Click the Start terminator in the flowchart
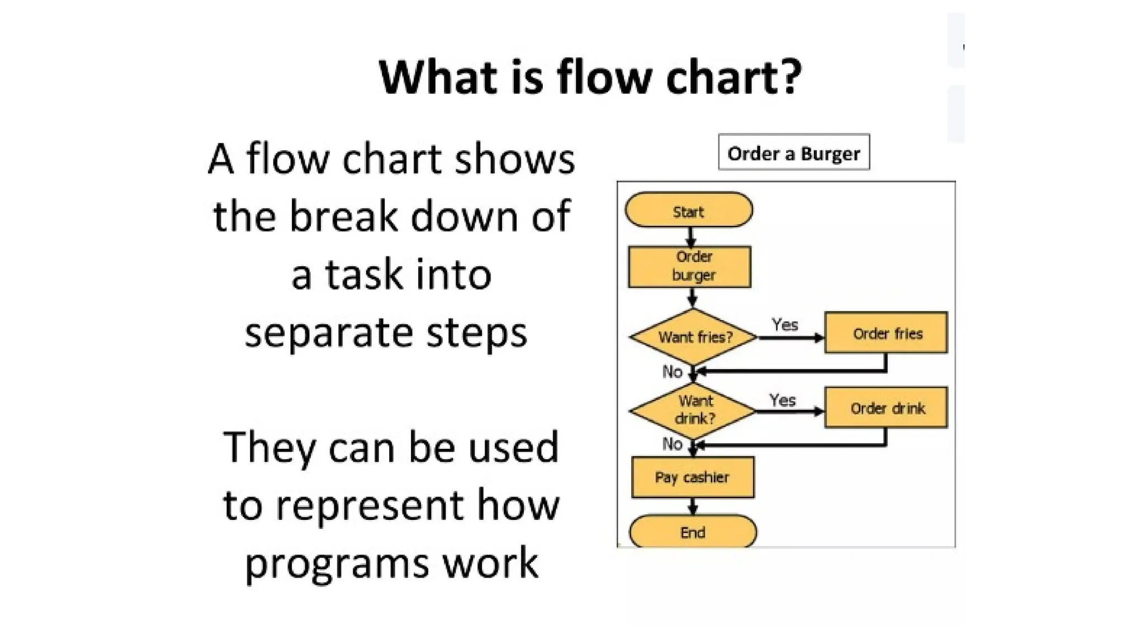[689, 210]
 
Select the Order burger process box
[690, 267]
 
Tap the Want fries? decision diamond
[693, 337]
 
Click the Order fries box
[886, 333]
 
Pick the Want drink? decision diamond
[693, 410]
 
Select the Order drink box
[886, 408]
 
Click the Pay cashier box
[693, 477]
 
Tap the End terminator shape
[693, 532]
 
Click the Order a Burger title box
[794, 152]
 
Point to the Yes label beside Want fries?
[784, 325]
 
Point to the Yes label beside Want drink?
[782, 400]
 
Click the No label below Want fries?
[672, 372]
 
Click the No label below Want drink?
[672, 444]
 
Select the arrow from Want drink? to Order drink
[789, 411]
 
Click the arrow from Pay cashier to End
[693, 506]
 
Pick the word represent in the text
[370, 505]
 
